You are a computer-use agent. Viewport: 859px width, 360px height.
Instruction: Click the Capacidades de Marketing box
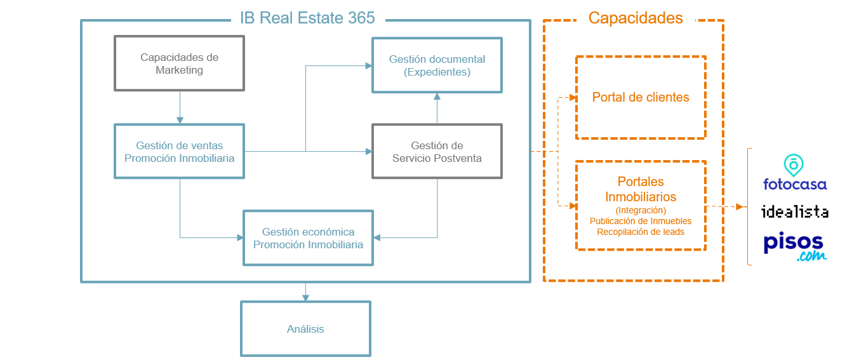pos(179,63)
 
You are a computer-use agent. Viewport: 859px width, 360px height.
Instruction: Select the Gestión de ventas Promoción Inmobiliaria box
pos(179,151)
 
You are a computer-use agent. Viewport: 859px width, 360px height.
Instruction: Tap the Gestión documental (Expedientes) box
pos(437,65)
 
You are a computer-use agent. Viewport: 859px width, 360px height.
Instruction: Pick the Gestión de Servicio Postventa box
pos(437,152)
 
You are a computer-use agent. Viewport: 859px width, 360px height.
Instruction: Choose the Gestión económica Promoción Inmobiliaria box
pos(308,238)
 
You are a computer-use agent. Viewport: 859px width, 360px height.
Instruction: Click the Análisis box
pos(305,329)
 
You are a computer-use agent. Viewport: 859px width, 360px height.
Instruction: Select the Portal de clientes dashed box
pos(641,97)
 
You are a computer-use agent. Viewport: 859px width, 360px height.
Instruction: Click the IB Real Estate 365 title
pos(307,18)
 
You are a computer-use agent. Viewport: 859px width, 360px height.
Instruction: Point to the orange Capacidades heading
pos(636,18)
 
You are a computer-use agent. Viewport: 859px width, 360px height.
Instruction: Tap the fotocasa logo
pos(794,173)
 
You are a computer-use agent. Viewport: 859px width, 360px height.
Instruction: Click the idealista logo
pos(794,211)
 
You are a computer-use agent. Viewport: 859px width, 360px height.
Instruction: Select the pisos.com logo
pos(794,247)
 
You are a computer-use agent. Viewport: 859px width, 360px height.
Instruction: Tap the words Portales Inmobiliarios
pos(641,189)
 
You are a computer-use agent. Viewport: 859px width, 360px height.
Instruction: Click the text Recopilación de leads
pos(641,232)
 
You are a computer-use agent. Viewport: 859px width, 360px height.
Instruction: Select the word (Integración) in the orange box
pos(641,210)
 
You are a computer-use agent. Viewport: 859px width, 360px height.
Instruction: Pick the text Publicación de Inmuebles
pos(641,221)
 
